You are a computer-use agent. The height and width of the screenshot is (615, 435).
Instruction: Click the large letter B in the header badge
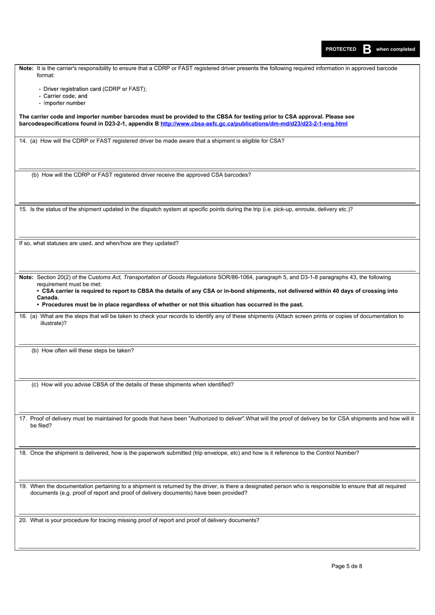[367, 49]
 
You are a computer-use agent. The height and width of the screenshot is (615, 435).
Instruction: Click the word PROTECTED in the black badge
[341, 49]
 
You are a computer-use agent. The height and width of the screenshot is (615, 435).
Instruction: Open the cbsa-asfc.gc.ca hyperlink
[254, 124]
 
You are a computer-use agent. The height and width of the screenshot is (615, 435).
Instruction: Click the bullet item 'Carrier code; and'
[65, 96]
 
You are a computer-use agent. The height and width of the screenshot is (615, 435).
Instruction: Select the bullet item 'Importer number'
[64, 103]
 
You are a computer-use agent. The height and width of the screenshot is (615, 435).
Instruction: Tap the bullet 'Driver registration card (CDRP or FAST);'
[95, 89]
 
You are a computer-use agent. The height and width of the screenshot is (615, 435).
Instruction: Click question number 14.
[23, 141]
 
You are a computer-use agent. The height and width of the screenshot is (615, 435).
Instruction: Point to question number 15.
[23, 209]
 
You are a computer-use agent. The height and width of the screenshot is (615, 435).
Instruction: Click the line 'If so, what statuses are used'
[98, 243]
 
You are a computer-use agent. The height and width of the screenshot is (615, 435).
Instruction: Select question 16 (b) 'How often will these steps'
[82, 351]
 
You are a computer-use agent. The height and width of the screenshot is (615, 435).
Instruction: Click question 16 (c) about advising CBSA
[132, 384]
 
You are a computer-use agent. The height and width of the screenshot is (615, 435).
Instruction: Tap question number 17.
[23, 418]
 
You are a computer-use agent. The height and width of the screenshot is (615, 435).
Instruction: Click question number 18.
[23, 453]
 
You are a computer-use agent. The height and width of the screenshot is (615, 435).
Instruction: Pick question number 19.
[23, 486]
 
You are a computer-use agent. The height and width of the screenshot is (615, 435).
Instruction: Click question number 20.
[23, 520]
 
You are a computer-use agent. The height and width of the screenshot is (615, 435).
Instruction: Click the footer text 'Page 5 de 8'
[347, 566]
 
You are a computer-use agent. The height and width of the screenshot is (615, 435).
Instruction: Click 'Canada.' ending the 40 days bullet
[48, 298]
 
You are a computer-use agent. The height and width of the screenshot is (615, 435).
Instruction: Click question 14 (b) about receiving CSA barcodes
[141, 175]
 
